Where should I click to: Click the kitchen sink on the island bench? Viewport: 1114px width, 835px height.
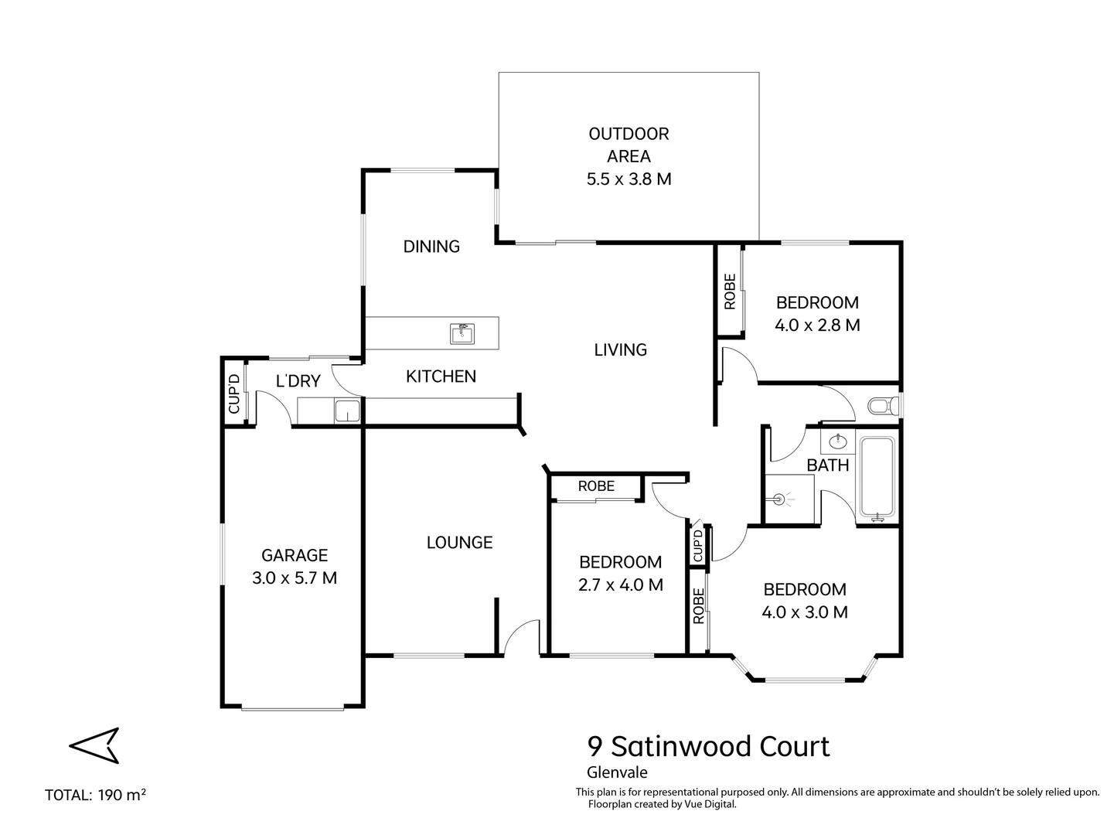462,333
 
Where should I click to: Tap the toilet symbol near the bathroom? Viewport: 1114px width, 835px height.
882,405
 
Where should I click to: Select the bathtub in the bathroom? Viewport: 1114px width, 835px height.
877,477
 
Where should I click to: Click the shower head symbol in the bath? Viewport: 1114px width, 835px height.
783,499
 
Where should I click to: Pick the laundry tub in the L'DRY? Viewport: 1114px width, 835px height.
347,411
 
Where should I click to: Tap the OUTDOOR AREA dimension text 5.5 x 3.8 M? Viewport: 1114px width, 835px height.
629,179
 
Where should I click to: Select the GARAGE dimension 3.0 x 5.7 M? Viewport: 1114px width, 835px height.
295,578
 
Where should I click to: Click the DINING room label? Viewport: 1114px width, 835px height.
431,247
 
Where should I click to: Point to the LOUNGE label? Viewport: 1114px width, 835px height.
459,543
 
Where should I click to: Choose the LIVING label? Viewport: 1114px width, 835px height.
620,350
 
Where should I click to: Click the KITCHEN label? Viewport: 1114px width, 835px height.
441,377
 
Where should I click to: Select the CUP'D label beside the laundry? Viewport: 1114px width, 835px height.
233,394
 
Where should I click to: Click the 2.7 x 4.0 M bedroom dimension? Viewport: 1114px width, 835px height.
620,585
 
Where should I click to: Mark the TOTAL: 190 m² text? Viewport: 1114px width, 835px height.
96,795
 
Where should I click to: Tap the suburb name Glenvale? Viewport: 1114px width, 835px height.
617,772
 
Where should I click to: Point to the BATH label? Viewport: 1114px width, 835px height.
828,465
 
